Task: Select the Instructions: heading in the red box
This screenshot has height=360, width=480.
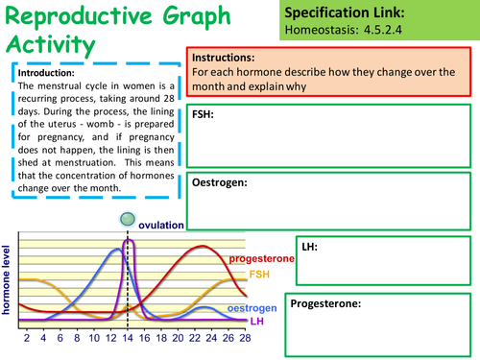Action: click(225, 58)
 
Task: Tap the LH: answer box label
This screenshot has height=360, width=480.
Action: click(309, 247)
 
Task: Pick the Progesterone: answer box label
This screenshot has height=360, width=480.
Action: click(326, 303)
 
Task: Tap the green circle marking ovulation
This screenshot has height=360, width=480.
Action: click(127, 221)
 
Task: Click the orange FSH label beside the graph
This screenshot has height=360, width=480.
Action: click(260, 275)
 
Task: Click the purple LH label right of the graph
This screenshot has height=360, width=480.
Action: click(257, 321)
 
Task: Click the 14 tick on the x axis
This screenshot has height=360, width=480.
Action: click(128, 339)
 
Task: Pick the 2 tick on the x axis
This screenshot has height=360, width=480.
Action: click(27, 339)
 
